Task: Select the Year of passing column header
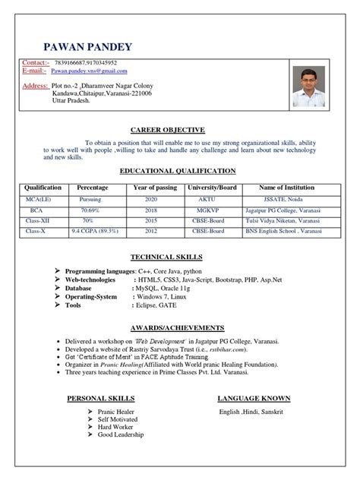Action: tap(156, 187)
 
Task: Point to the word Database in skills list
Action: tap(83, 291)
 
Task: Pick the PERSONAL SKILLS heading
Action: tap(101, 399)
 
